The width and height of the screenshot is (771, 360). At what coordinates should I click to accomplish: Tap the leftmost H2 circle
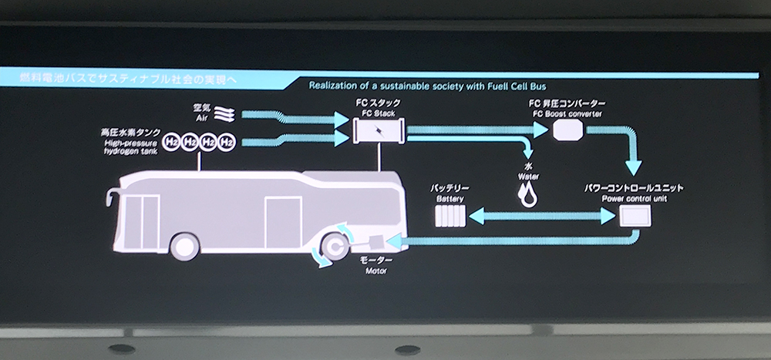click(x=171, y=143)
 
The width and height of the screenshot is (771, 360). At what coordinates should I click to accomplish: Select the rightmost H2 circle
click(x=227, y=143)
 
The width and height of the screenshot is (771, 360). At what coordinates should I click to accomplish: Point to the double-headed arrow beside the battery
click(x=540, y=218)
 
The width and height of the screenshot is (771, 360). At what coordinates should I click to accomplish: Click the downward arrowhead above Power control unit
click(x=635, y=169)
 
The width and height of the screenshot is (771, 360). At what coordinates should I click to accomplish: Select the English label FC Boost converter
click(x=567, y=114)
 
